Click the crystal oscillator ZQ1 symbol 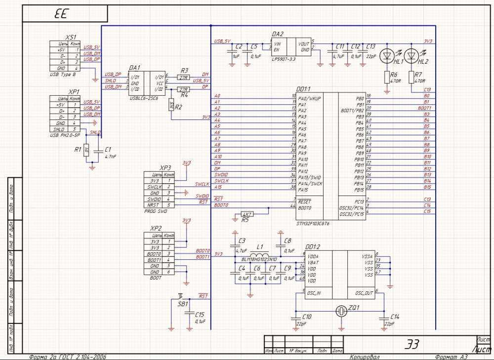pyautogui.click(x=340, y=311)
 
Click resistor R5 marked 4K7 pyautogui.click(x=247, y=214)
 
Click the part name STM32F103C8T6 pyautogui.click(x=313, y=223)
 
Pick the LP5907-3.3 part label pyautogui.click(x=285, y=59)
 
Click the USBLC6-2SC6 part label pyautogui.click(x=144, y=98)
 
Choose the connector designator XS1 pyautogui.click(x=71, y=38)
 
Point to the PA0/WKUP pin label pyautogui.click(x=310, y=98)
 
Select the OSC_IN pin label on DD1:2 pyautogui.click(x=314, y=293)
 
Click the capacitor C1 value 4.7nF pyautogui.click(x=111, y=156)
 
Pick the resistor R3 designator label pyautogui.click(x=184, y=71)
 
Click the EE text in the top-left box pyautogui.click(x=61, y=14)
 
